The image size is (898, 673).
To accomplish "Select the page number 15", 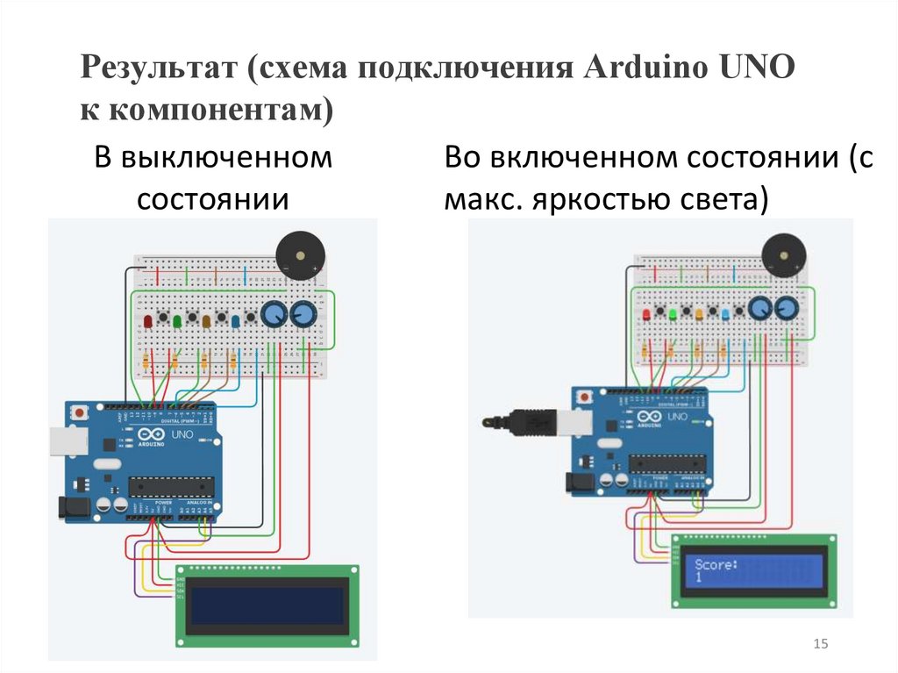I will [x=821, y=645].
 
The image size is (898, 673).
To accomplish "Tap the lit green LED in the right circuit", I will [x=673, y=313].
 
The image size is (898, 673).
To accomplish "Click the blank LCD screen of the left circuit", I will [x=267, y=605].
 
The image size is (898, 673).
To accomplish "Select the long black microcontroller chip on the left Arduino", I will [x=171, y=485].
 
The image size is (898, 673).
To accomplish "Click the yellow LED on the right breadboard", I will [x=699, y=313].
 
